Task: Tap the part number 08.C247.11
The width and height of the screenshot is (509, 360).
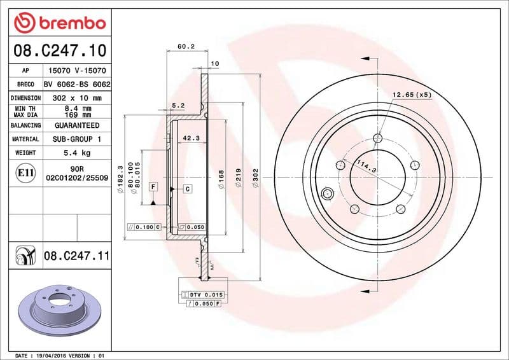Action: pos(77,256)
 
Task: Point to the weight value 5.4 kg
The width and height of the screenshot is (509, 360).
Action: pos(76,153)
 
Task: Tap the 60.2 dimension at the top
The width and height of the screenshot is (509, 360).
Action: pos(186,46)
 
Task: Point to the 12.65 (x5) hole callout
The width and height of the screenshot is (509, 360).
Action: pos(411,95)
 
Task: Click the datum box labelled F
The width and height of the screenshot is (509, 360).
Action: pos(153,186)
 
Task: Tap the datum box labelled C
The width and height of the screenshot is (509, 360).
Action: pos(189,189)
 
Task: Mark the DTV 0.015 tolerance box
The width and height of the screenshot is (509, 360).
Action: pos(202,295)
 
